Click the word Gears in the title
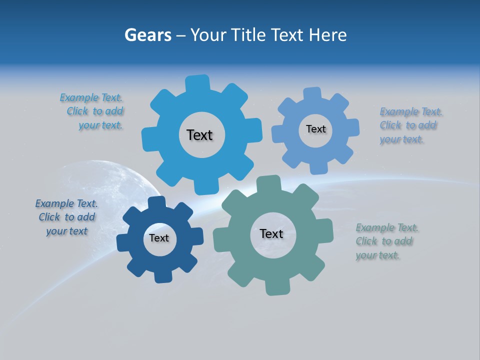148,35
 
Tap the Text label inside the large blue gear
199,135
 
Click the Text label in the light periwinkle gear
315,129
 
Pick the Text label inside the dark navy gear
159,238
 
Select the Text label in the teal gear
271,233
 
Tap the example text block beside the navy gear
66,217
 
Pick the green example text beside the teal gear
386,241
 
